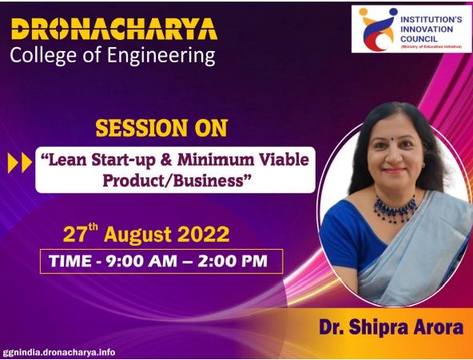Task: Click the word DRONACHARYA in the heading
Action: click(x=114, y=29)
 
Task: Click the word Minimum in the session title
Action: click(x=215, y=160)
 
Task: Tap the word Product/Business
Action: click(x=173, y=180)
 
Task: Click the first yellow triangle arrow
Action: click(x=13, y=163)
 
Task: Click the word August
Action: click(x=138, y=235)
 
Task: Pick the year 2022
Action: click(x=203, y=235)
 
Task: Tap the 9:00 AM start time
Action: click(x=141, y=261)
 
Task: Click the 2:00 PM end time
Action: click(x=233, y=261)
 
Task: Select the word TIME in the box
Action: click(x=70, y=261)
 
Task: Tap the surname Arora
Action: click(x=439, y=327)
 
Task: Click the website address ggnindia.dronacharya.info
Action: click(x=59, y=352)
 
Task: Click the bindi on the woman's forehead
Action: click(x=392, y=139)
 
